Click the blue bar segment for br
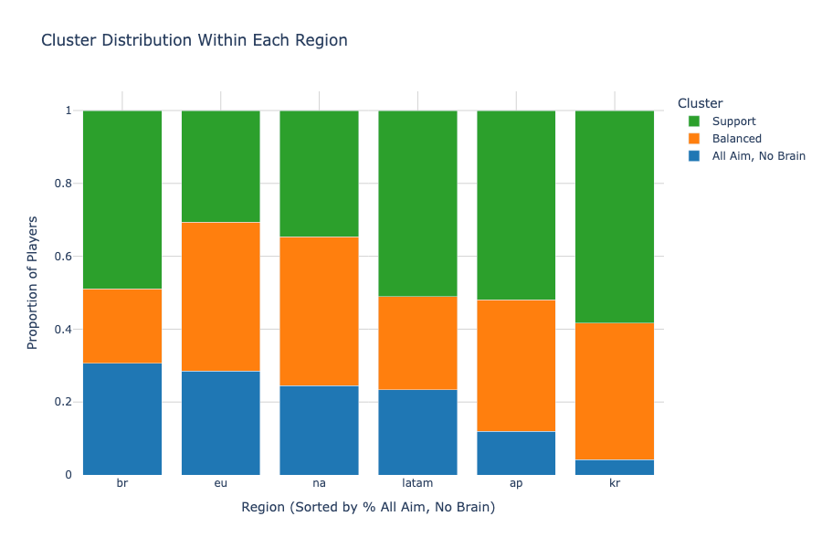coord(122,418)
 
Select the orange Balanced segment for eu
coord(221,296)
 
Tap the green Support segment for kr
coord(615,216)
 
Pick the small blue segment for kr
coord(615,467)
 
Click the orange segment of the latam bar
coord(417,342)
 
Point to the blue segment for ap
coord(516,452)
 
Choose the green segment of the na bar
coord(319,174)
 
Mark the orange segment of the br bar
coord(122,326)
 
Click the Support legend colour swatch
coord(693,121)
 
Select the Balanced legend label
coord(736,139)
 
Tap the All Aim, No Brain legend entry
coord(758,156)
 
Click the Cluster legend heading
coord(701,103)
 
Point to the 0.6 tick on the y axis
coord(65,257)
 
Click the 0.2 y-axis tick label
coord(65,402)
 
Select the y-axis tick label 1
coord(68,111)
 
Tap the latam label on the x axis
coord(417,483)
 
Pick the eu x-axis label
coord(221,483)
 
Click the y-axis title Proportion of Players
coord(33,282)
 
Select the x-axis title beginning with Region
coord(368,507)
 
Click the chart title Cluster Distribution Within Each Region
coord(195,41)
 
